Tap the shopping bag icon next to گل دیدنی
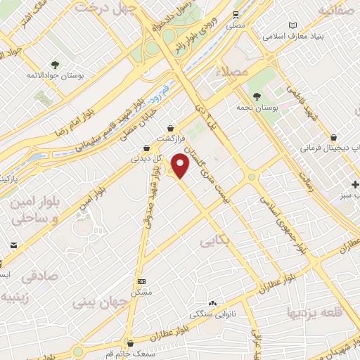(146, 148)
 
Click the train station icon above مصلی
(236, 14)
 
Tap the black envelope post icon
(13, 245)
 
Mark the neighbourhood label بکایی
(217, 241)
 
